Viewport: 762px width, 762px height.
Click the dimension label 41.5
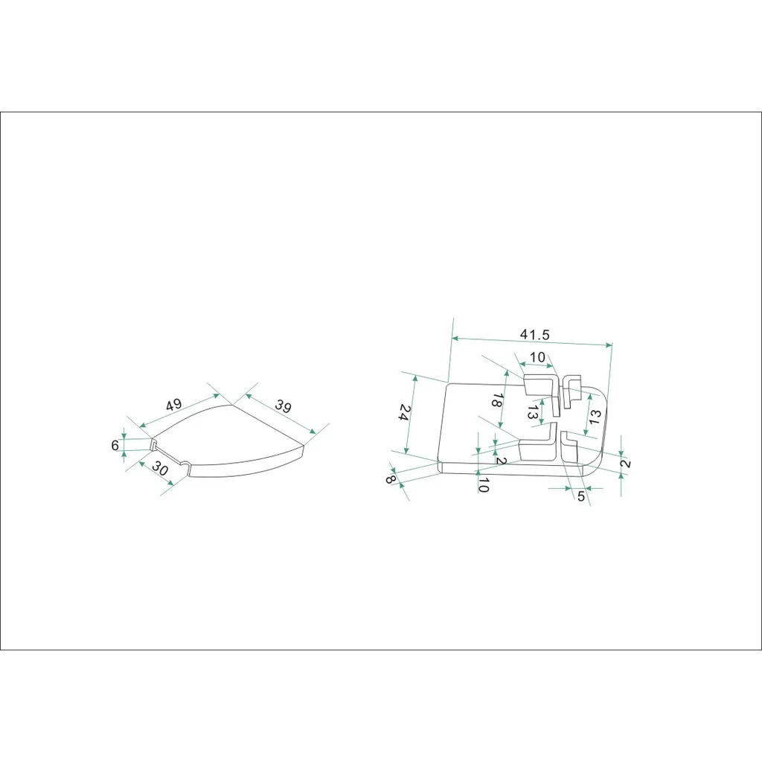click(534, 334)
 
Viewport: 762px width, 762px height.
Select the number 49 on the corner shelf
click(173, 404)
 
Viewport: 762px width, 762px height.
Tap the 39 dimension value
click(284, 406)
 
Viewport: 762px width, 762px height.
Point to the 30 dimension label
click(160, 468)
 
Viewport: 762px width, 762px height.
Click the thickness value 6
click(115, 445)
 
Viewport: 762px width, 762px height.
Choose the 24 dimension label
click(405, 412)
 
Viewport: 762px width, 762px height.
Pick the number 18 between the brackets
click(497, 400)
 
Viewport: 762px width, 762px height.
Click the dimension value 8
click(390, 479)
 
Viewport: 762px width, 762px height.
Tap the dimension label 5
click(580, 496)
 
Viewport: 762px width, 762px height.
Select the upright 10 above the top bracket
click(537, 357)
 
